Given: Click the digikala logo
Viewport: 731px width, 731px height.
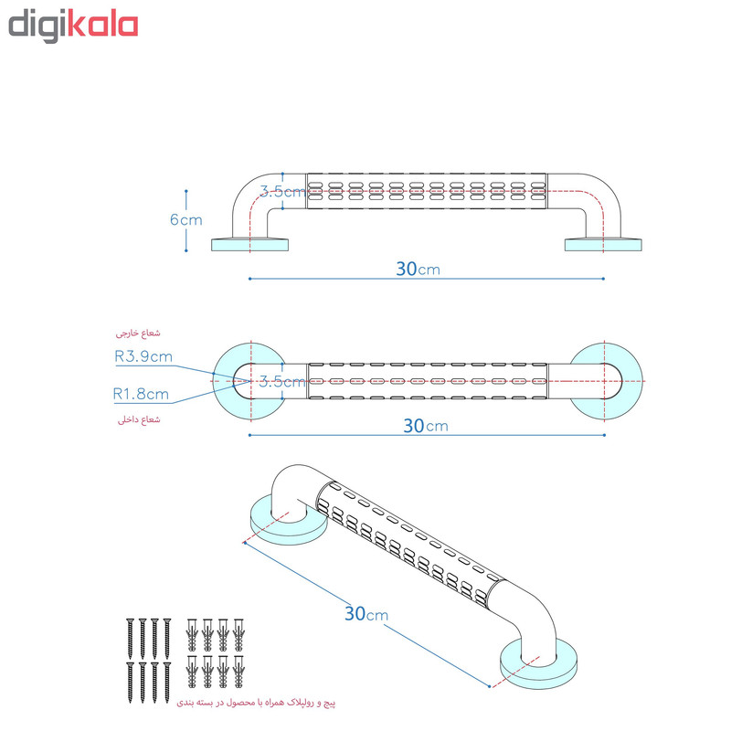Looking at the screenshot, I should click(x=73, y=26).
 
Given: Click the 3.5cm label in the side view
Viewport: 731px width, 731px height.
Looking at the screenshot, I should click(x=281, y=191).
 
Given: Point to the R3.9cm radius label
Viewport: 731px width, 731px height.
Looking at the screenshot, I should click(x=143, y=357).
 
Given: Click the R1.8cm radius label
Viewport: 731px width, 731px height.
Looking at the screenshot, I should click(x=141, y=395).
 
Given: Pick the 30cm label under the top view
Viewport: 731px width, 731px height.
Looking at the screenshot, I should click(x=425, y=425).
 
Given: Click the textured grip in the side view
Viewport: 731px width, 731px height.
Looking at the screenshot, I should click(x=426, y=191).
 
